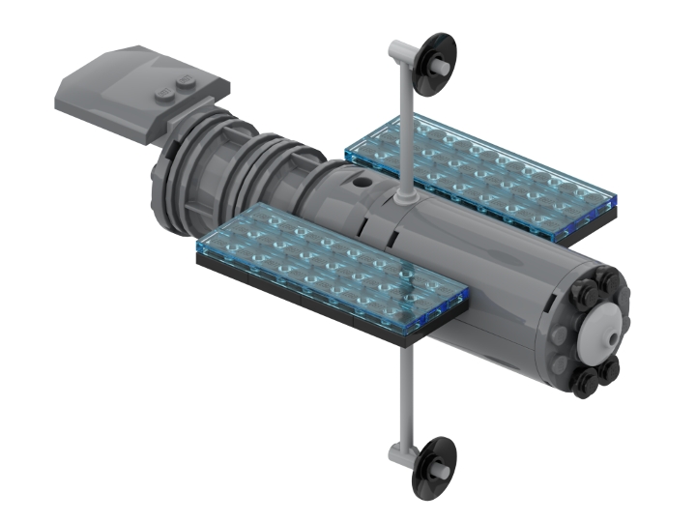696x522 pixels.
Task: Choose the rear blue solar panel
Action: [478, 174]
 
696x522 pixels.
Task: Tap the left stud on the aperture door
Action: [161, 93]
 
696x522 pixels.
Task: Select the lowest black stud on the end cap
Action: [586, 384]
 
